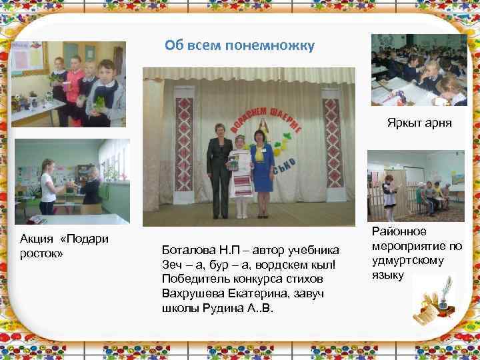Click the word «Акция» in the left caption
[37, 239]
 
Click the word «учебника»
[314, 251]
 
